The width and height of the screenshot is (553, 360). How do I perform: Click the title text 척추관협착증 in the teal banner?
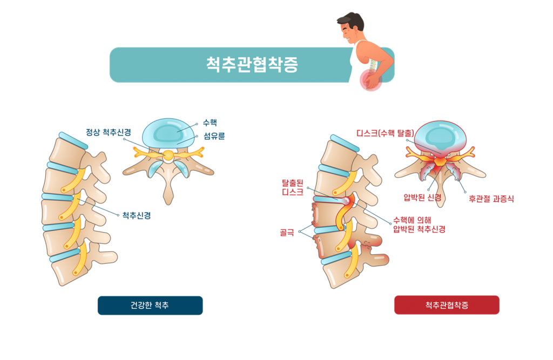(x=252, y=65)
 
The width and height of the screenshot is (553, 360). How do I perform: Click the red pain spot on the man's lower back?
(x=372, y=79)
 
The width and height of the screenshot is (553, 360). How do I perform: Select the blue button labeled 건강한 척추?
(x=150, y=305)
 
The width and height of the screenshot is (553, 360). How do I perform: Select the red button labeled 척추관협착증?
(x=447, y=305)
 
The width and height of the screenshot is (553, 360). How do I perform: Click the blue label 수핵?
(x=209, y=123)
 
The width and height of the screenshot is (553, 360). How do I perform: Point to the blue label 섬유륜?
(x=214, y=137)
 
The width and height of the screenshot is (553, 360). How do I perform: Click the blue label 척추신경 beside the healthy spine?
(x=136, y=215)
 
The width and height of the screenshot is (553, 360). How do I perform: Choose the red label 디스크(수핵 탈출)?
(x=385, y=132)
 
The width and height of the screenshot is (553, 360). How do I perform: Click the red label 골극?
(x=286, y=233)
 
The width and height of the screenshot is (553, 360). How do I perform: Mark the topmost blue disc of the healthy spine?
(x=73, y=139)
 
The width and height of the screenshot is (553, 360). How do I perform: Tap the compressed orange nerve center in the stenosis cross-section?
(x=441, y=160)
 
